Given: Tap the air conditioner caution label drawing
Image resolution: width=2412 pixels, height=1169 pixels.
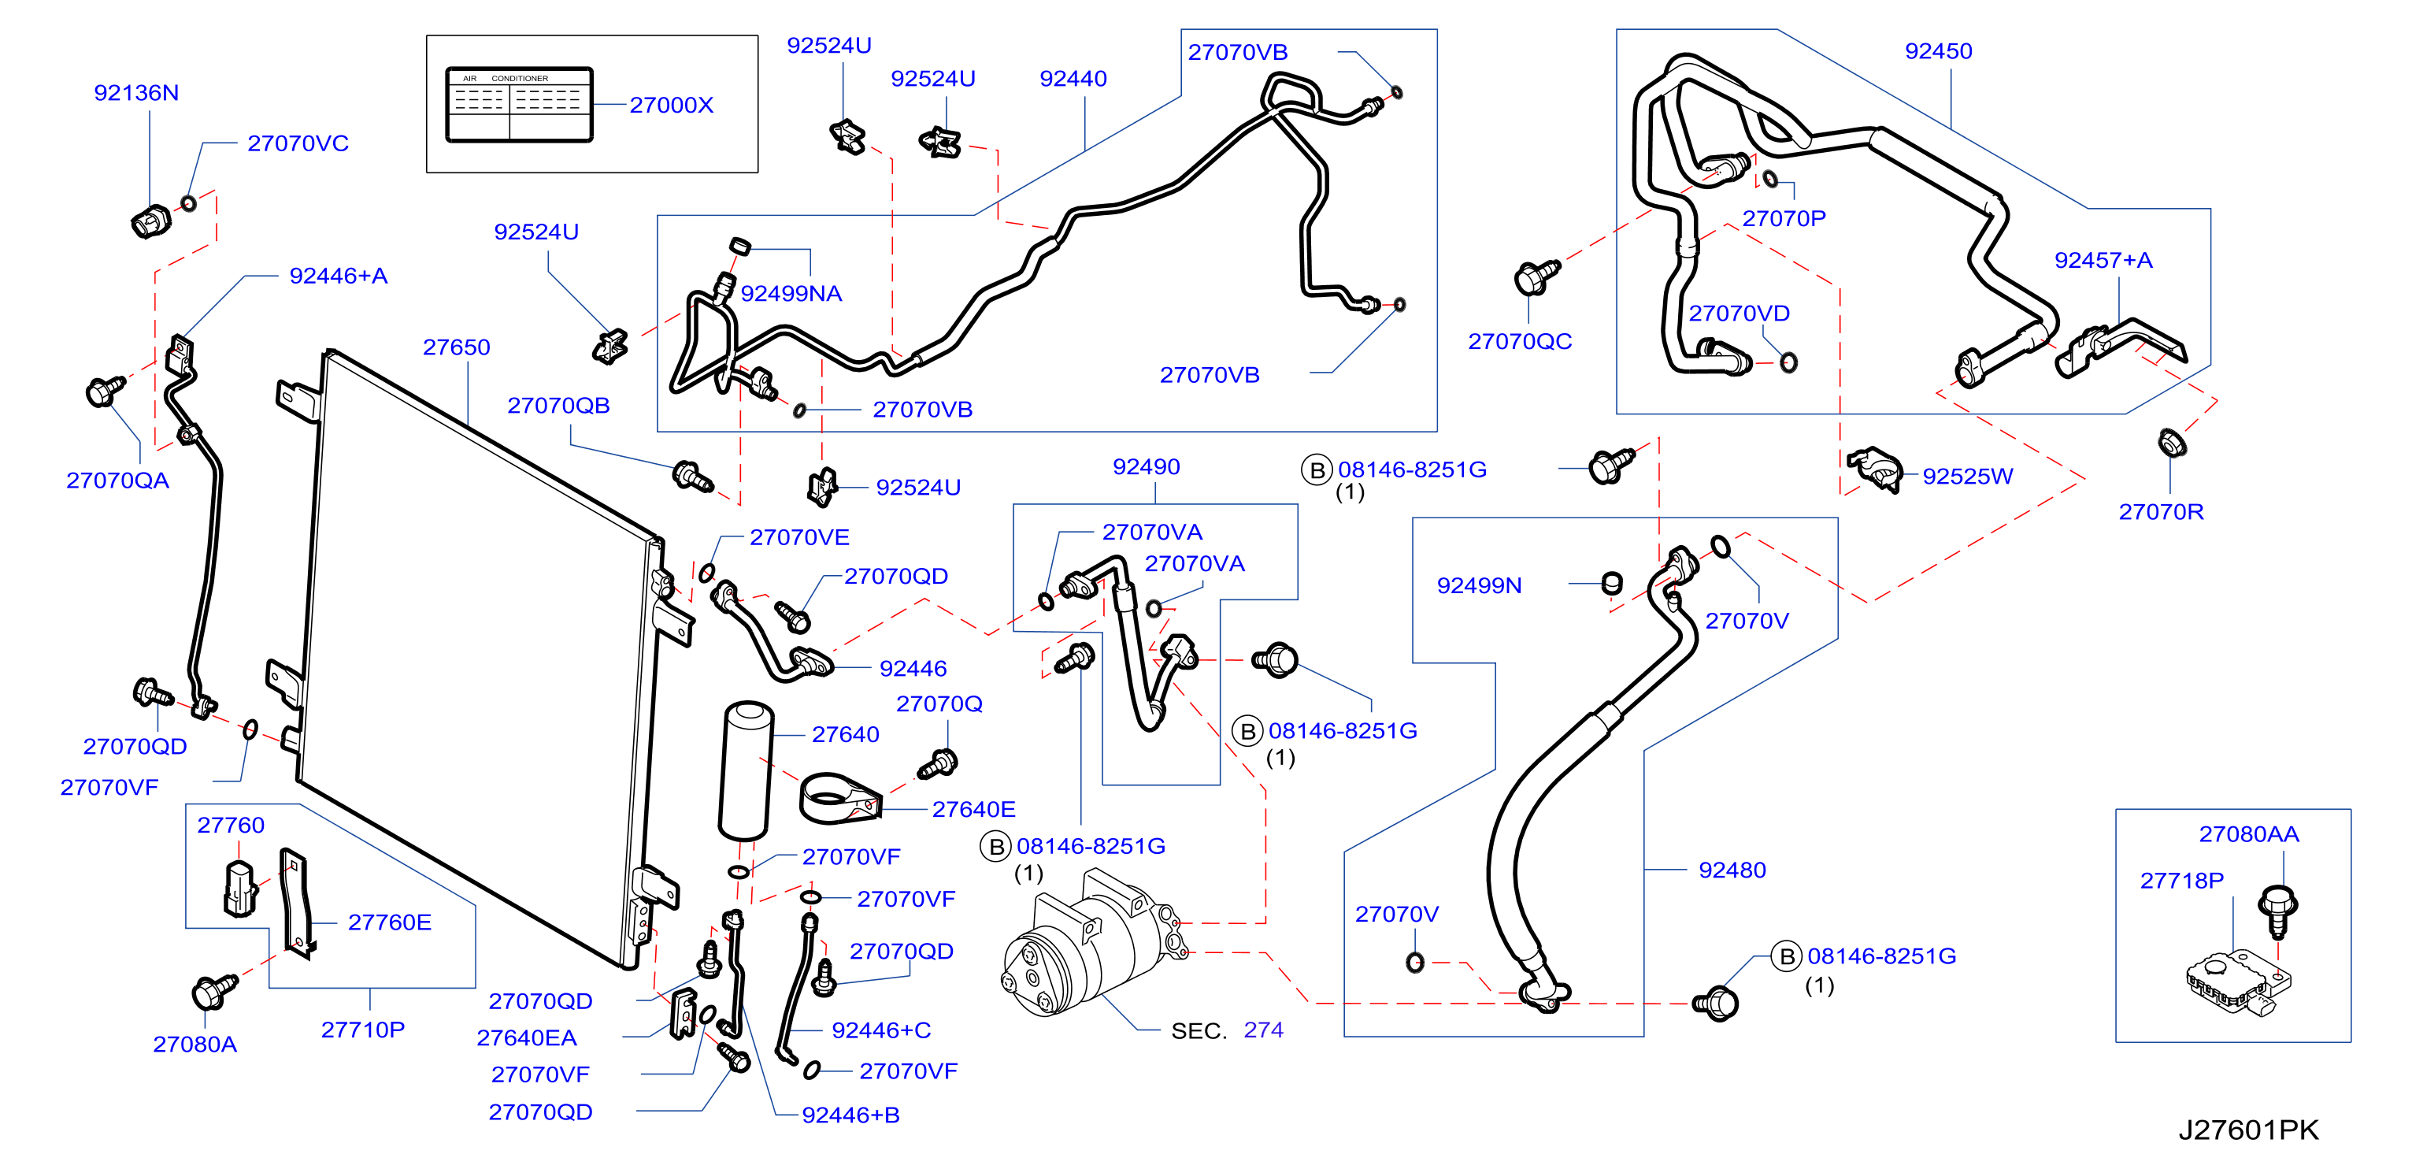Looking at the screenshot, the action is click(x=520, y=105).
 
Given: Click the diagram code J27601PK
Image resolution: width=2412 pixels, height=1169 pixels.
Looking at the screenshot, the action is click(x=2248, y=1130).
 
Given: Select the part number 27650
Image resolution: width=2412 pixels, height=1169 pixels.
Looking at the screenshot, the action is click(x=456, y=347).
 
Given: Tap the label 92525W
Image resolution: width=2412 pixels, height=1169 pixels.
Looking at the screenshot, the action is click(x=1967, y=477).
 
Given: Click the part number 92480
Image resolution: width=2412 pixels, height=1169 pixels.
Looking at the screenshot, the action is click(x=1732, y=870).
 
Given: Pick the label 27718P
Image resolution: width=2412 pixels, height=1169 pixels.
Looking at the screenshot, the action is click(x=2181, y=881).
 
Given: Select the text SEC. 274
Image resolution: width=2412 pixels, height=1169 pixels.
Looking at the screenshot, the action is click(x=1227, y=1030).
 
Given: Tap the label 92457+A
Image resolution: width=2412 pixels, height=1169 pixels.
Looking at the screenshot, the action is click(x=2103, y=261).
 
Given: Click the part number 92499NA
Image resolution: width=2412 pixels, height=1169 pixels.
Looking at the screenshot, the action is click(x=791, y=294).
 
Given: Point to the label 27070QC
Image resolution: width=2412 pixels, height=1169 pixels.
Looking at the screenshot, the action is click(x=1520, y=342).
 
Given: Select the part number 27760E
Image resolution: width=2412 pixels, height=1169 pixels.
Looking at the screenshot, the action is click(x=390, y=922).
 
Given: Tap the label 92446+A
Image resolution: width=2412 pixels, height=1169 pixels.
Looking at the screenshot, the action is click(x=338, y=276).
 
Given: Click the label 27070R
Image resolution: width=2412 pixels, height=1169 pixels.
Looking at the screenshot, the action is click(x=2161, y=512).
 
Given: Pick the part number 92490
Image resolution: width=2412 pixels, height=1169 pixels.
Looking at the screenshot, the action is click(x=1146, y=467).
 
